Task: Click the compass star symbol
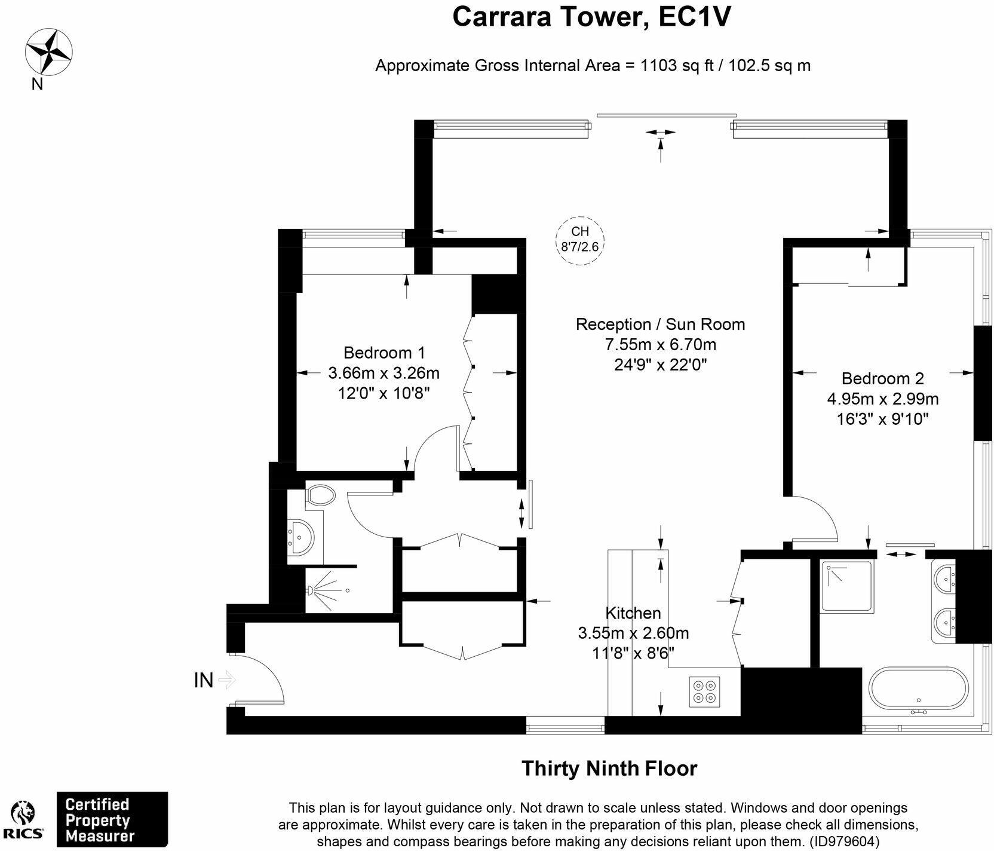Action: pos(49,53)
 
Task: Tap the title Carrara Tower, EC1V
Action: pos(591,16)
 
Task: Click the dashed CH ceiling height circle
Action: pos(580,240)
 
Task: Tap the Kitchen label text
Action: pos(633,613)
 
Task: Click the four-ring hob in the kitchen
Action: pos(704,691)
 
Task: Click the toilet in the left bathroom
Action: pos(320,495)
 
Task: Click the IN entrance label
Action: pos(204,680)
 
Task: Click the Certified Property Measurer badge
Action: pos(112,820)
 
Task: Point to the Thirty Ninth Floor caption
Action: pos(609,769)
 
